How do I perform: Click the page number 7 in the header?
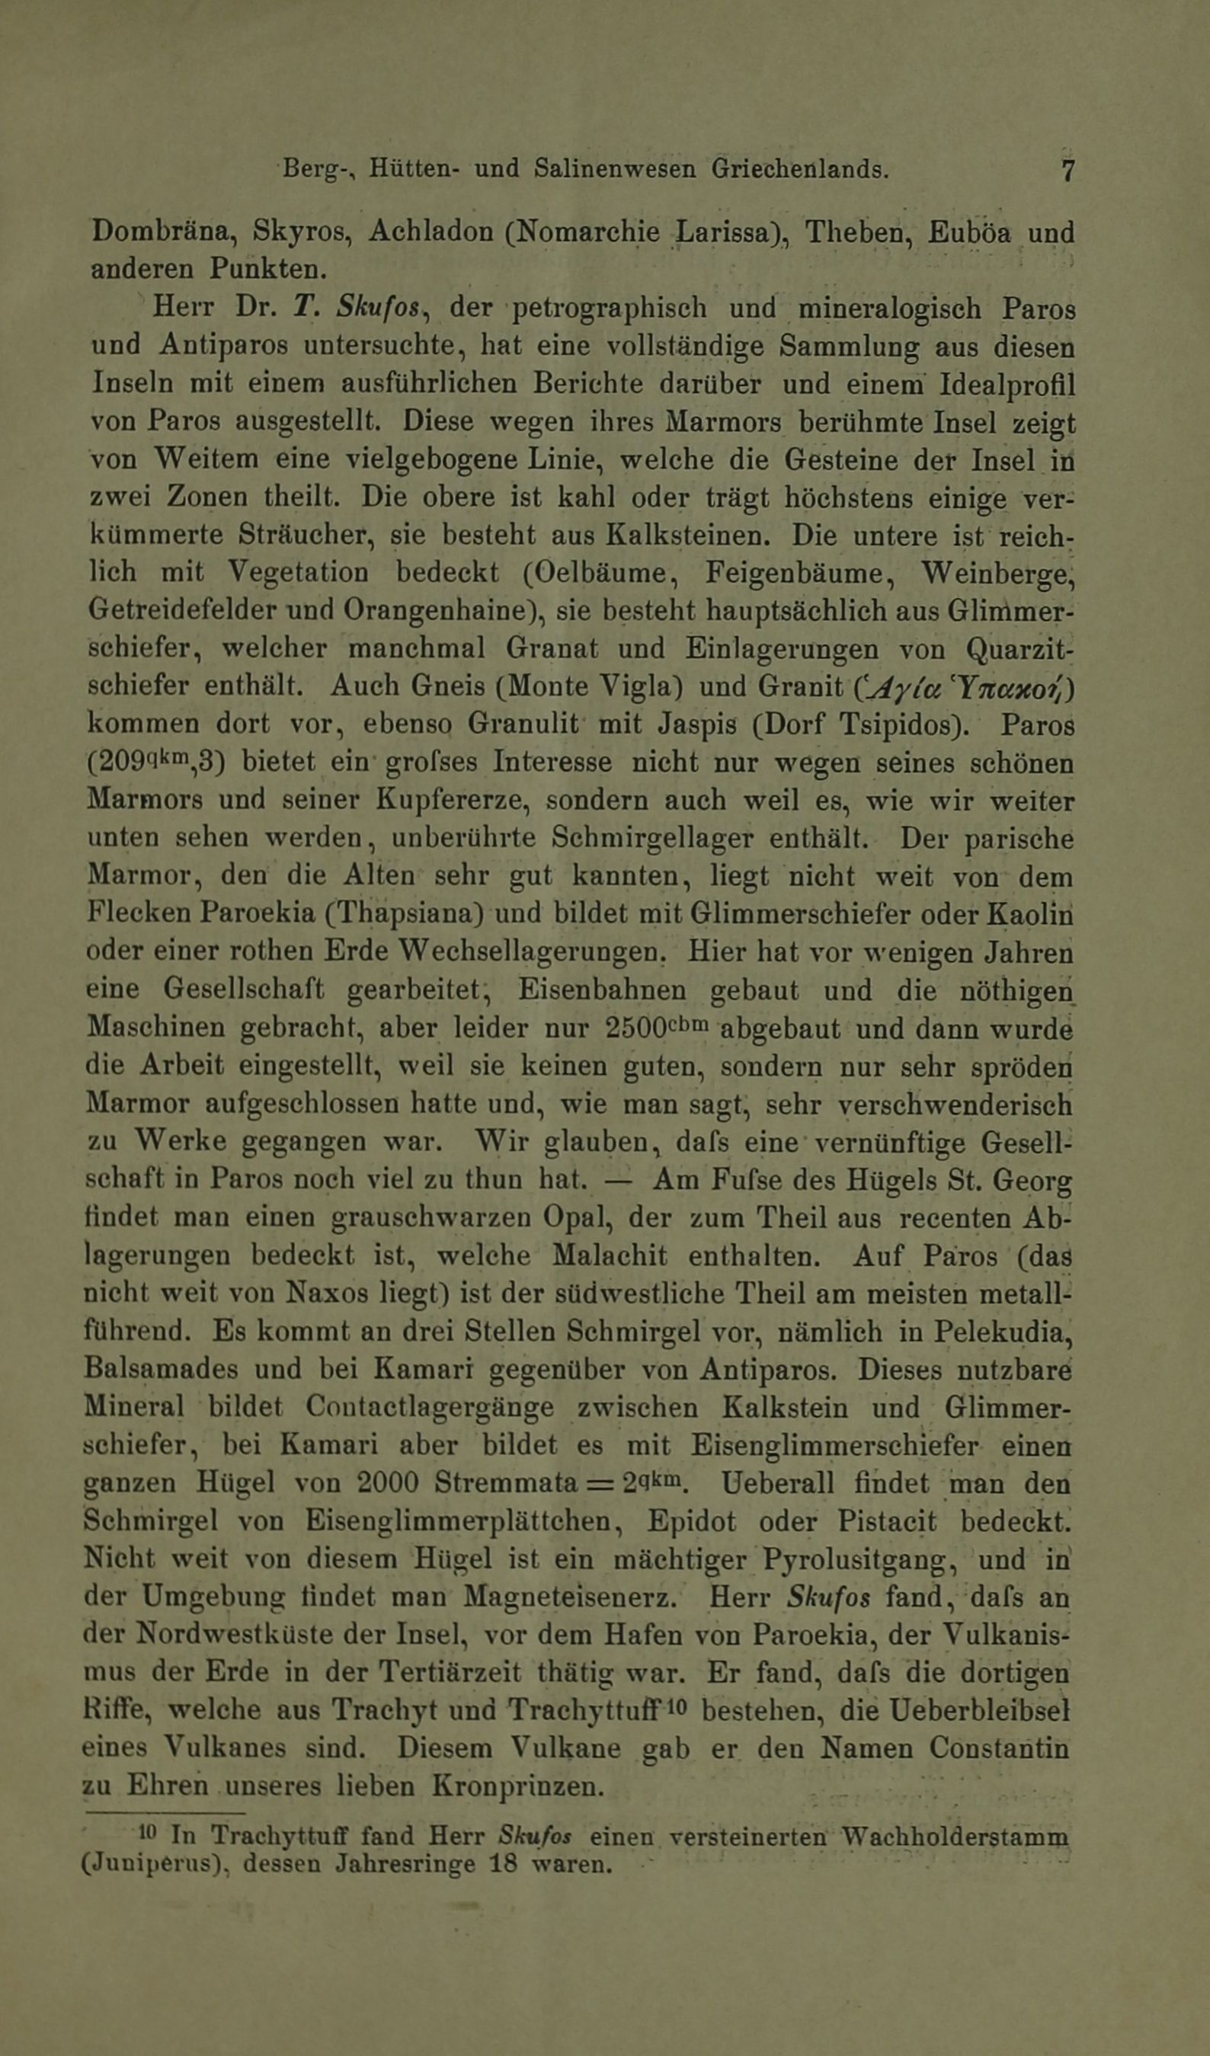1068,171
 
